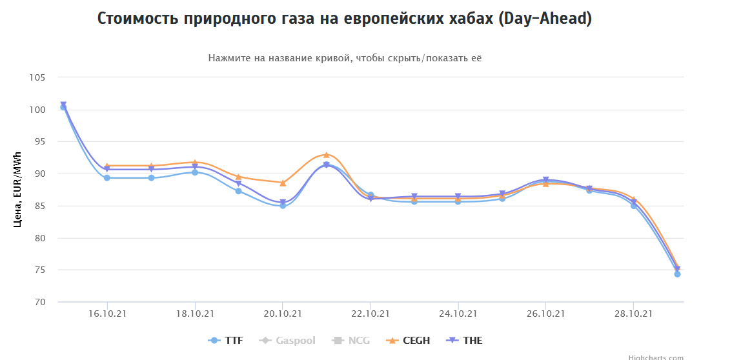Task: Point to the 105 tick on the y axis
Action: pos(37,77)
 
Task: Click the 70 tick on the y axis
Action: pos(40,302)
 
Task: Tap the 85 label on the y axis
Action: pos(40,206)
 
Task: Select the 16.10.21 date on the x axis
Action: pos(107,314)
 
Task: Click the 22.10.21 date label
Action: pos(370,314)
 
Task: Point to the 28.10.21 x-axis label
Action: pos(633,314)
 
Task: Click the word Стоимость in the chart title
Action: pos(138,19)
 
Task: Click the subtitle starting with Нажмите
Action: pos(345,58)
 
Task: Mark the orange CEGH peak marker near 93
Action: pos(327,155)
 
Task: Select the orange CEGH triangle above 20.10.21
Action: pos(283,183)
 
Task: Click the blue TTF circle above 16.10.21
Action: pos(107,178)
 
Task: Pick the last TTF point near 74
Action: pos(677,274)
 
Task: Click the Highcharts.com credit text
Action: pos(656,357)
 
